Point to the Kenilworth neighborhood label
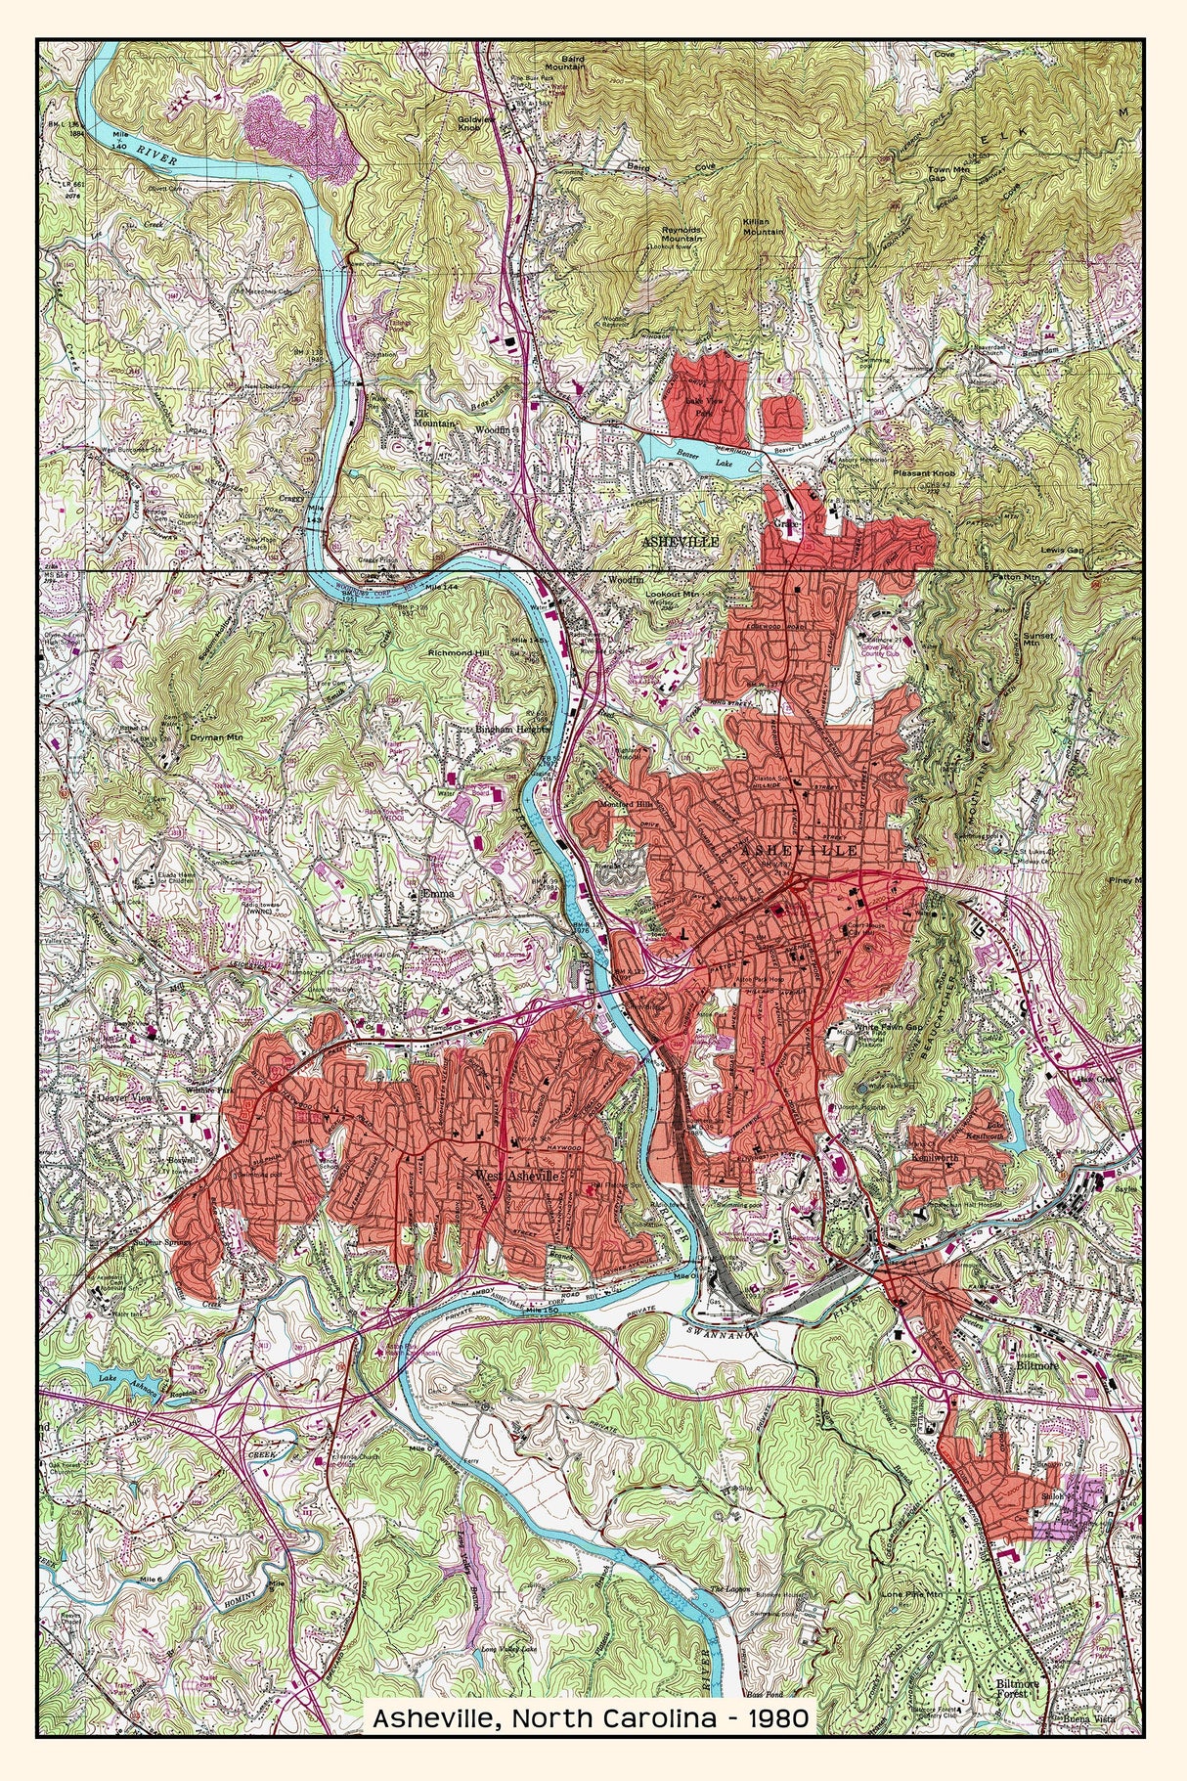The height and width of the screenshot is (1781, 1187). tap(960, 1157)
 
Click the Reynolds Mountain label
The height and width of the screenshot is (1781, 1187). tap(682, 233)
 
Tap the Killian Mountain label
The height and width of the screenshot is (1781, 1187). tap(763, 227)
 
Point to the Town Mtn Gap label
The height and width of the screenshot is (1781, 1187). tap(949, 174)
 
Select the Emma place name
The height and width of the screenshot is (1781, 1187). tap(430, 893)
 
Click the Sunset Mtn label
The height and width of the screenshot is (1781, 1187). tap(1038, 641)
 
